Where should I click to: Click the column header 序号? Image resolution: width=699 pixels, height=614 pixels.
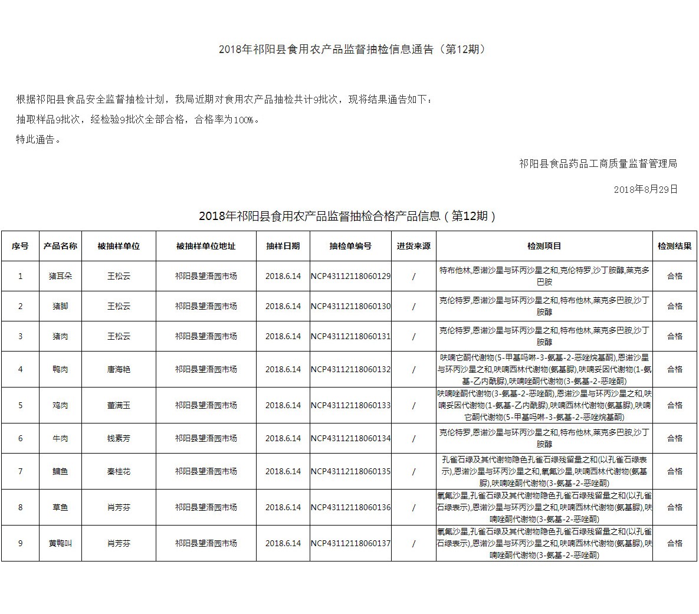tap(20, 246)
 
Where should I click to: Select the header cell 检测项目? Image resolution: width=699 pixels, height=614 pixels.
tap(544, 246)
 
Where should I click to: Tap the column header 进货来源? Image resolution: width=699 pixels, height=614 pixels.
tap(414, 246)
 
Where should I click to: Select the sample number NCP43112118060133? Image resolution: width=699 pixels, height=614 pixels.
tap(350, 405)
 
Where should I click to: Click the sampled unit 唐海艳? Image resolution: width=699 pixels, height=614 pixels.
tap(119, 369)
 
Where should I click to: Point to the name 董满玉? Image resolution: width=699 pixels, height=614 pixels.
tap(119, 405)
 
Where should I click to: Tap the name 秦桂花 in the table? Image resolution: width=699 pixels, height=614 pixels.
tap(119, 471)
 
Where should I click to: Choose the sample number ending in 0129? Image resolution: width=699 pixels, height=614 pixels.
tap(350, 276)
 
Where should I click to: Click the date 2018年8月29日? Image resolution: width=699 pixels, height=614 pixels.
tap(645, 189)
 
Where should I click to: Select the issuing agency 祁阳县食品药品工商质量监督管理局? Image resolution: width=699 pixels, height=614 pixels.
tap(598, 163)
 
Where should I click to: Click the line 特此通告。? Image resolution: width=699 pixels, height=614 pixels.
tap(39, 140)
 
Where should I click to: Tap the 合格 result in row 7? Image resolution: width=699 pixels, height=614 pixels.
tap(675, 471)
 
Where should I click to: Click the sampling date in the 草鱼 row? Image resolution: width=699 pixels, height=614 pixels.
tap(283, 507)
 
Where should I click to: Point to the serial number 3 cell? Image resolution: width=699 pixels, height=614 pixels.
tap(20, 336)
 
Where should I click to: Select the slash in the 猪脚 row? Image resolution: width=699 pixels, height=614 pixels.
tap(414, 306)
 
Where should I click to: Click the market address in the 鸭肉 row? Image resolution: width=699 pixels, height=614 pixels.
tap(206, 369)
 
